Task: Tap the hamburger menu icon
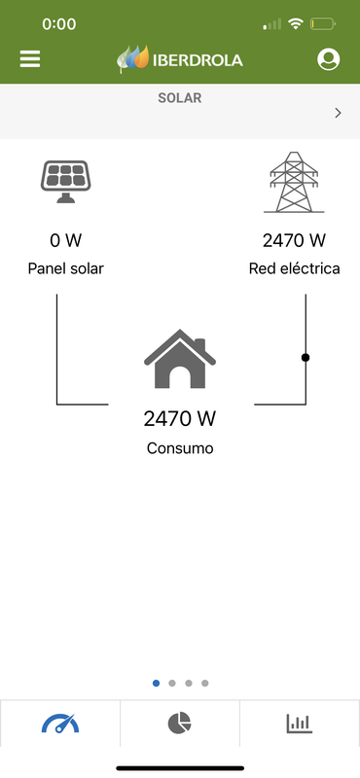tap(30, 59)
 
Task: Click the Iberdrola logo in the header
tap(180, 59)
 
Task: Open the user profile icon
tap(329, 59)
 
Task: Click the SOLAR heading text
tap(180, 98)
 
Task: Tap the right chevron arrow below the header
tap(338, 113)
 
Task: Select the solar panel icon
tap(66, 181)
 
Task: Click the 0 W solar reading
tap(65, 240)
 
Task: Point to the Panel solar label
tap(65, 268)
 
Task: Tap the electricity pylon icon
tap(294, 182)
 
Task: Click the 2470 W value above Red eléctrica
tap(294, 240)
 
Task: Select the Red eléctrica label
tap(294, 268)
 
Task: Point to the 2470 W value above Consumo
tap(180, 419)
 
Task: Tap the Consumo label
tap(180, 448)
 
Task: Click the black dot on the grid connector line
tap(306, 358)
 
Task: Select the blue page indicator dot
tap(157, 683)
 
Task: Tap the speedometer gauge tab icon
tap(60, 724)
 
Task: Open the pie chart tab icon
tap(180, 724)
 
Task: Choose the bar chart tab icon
tap(299, 724)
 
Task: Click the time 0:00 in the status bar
tap(59, 22)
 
